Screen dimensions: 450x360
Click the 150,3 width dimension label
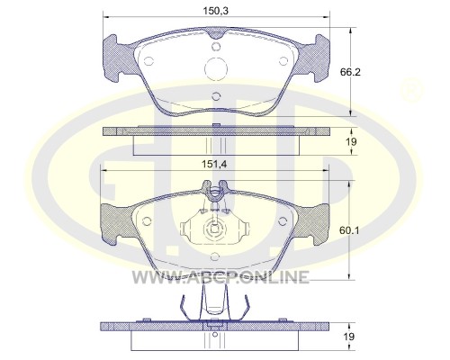[x=216, y=11]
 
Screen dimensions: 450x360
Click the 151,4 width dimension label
[x=214, y=165]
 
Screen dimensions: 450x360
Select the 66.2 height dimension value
[x=350, y=72]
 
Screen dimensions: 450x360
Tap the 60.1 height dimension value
[x=349, y=230]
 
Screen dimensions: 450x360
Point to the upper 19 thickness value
[x=351, y=141]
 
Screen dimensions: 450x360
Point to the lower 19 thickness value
[x=349, y=337]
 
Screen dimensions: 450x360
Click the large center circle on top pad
[x=216, y=68]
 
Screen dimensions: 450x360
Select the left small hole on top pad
[x=148, y=61]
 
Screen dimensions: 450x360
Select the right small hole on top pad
[x=283, y=61]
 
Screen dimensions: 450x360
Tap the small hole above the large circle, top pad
[x=216, y=47]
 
